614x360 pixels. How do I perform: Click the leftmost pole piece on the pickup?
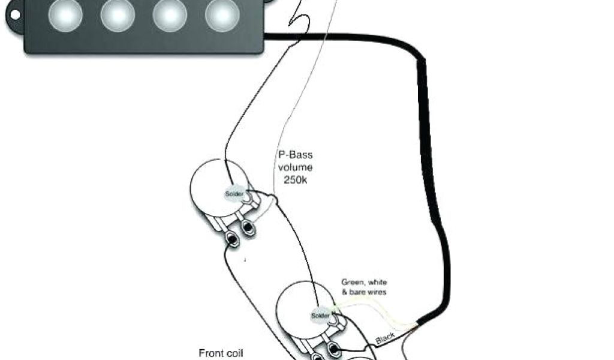pyautogui.click(x=66, y=14)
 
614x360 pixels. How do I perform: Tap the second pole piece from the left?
pyautogui.click(x=118, y=14)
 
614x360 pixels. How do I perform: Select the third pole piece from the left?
pyautogui.click(x=170, y=14)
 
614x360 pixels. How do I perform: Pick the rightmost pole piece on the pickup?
pyautogui.click(x=222, y=14)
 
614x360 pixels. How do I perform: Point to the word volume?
pyautogui.click(x=295, y=167)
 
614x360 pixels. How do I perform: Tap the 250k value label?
pyautogui.click(x=295, y=179)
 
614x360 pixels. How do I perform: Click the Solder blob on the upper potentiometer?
pyautogui.click(x=234, y=194)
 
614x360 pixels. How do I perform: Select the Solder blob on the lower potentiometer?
pyautogui.click(x=320, y=316)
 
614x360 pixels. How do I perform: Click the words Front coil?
pyautogui.click(x=221, y=353)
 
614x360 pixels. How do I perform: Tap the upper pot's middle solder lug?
pyautogui.click(x=246, y=227)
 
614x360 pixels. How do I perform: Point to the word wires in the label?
pyautogui.click(x=377, y=292)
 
